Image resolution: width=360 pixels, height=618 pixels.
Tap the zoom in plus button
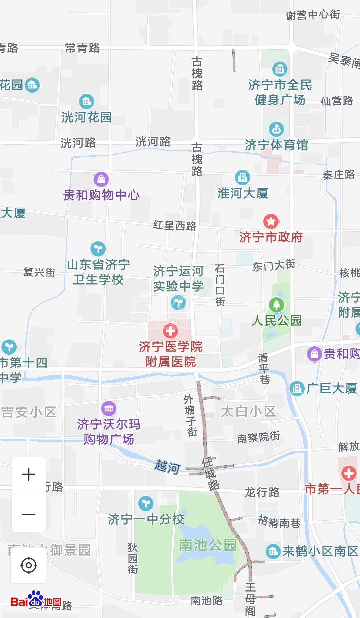29,475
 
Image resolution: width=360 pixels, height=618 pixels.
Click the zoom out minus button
29,514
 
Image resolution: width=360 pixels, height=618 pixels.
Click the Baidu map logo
36,600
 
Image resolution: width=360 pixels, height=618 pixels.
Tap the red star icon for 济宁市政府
271,221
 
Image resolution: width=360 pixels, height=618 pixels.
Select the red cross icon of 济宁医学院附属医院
171,330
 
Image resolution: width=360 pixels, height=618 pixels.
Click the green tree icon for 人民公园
276,304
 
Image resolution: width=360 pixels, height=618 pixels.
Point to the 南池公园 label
208,545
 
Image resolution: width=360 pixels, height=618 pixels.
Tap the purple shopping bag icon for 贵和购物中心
101,179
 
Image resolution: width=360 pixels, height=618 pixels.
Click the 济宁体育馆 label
276,145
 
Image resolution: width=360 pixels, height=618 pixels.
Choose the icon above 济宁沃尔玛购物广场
108,408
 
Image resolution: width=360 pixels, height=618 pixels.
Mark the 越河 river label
167,467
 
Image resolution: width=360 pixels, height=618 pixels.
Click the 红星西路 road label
175,226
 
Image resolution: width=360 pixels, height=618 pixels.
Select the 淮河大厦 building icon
242,177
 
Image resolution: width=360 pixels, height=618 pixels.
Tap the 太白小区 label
248,411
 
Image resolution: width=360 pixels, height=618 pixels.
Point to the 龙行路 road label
262,492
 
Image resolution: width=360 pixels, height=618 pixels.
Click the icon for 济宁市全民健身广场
280,69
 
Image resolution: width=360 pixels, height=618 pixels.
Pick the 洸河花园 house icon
86,101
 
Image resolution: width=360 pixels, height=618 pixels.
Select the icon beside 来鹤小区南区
273,551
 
